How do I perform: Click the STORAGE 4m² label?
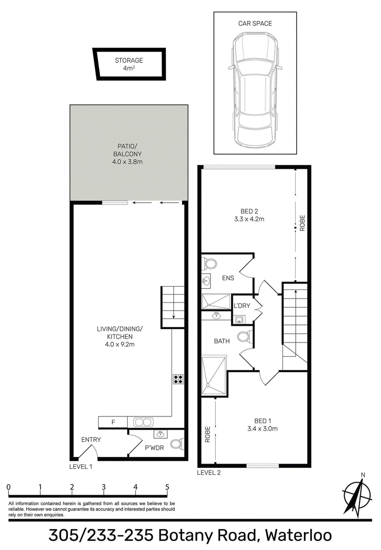[129, 64]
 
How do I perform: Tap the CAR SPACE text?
[255, 23]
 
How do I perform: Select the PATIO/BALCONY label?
[127, 154]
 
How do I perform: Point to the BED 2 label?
[250, 215]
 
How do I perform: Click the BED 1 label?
[262, 425]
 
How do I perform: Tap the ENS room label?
[228, 278]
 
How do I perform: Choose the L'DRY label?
[241, 305]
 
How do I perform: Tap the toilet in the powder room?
[178, 444]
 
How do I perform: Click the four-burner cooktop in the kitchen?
[178, 379]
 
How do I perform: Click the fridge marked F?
[113, 422]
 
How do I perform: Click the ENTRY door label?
[91, 439]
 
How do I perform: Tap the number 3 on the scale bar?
[104, 487]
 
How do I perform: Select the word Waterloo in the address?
[299, 536]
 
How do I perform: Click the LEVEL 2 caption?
[209, 472]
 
